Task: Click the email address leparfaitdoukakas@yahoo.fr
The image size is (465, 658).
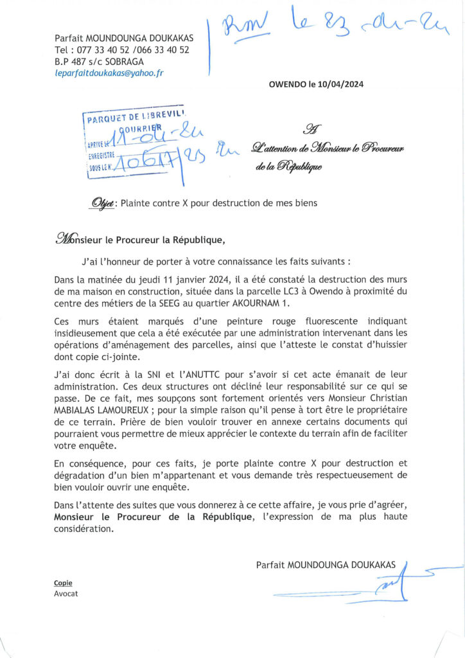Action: point(109,73)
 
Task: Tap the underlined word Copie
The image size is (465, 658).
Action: point(63,583)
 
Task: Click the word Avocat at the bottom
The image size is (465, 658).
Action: point(66,594)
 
